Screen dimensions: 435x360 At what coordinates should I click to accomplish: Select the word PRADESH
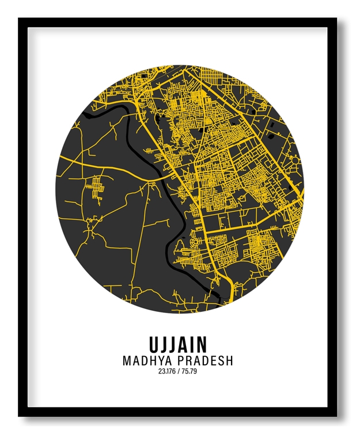pyautogui.click(x=206, y=361)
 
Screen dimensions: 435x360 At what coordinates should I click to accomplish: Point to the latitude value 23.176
pyautogui.click(x=166, y=371)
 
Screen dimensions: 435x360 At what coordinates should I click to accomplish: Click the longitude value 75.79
pyautogui.click(x=190, y=371)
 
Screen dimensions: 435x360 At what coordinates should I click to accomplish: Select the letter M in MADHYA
pyautogui.click(x=127, y=361)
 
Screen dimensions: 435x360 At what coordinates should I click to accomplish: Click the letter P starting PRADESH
pyautogui.click(x=183, y=361)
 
